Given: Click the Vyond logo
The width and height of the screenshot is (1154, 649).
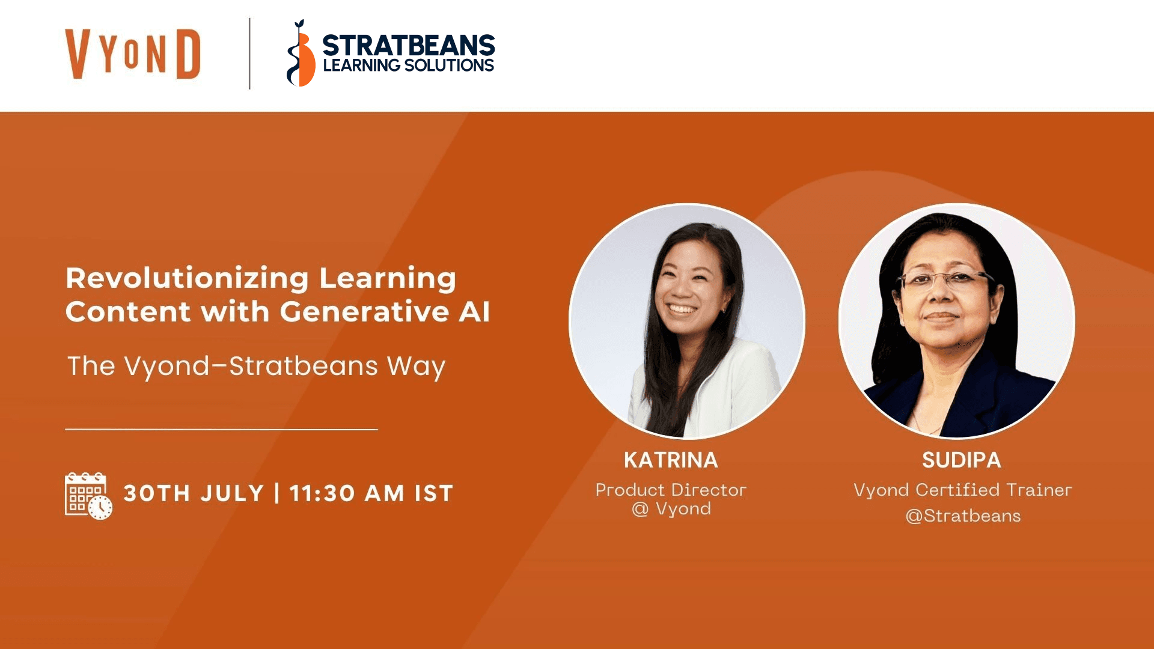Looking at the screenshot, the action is coord(133,54).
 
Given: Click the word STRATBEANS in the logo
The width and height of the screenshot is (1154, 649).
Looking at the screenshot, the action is coord(409,45).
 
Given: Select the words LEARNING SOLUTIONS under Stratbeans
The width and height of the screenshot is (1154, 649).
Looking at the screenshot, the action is coord(409,66).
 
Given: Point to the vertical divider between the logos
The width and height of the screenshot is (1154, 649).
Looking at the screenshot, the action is coord(249,53).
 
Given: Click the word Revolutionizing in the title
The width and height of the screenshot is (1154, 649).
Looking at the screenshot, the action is coord(187,279).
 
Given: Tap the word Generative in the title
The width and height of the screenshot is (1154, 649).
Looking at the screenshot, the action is coord(364,311).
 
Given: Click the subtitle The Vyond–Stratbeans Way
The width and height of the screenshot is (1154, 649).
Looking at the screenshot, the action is coord(256,366).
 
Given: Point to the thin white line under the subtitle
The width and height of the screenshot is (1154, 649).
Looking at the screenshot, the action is coord(221,429).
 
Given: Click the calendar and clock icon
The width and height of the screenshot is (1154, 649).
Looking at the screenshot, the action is coord(88,496).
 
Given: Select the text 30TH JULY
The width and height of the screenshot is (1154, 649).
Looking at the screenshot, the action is coord(194,493).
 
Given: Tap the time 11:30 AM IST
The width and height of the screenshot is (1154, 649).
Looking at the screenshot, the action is coord(371,493).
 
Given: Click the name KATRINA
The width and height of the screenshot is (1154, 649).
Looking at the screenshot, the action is coord(671,460).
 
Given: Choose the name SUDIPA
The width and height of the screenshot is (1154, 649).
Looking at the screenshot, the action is coord(962,460).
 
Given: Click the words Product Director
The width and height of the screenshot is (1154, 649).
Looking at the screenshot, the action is coord(671,490).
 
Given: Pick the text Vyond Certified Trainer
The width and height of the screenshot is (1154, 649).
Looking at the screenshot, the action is coord(962,490).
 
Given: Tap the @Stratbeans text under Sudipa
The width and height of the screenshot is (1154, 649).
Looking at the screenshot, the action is coord(963,516).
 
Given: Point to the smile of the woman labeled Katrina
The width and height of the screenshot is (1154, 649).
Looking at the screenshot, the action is coord(682,309).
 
